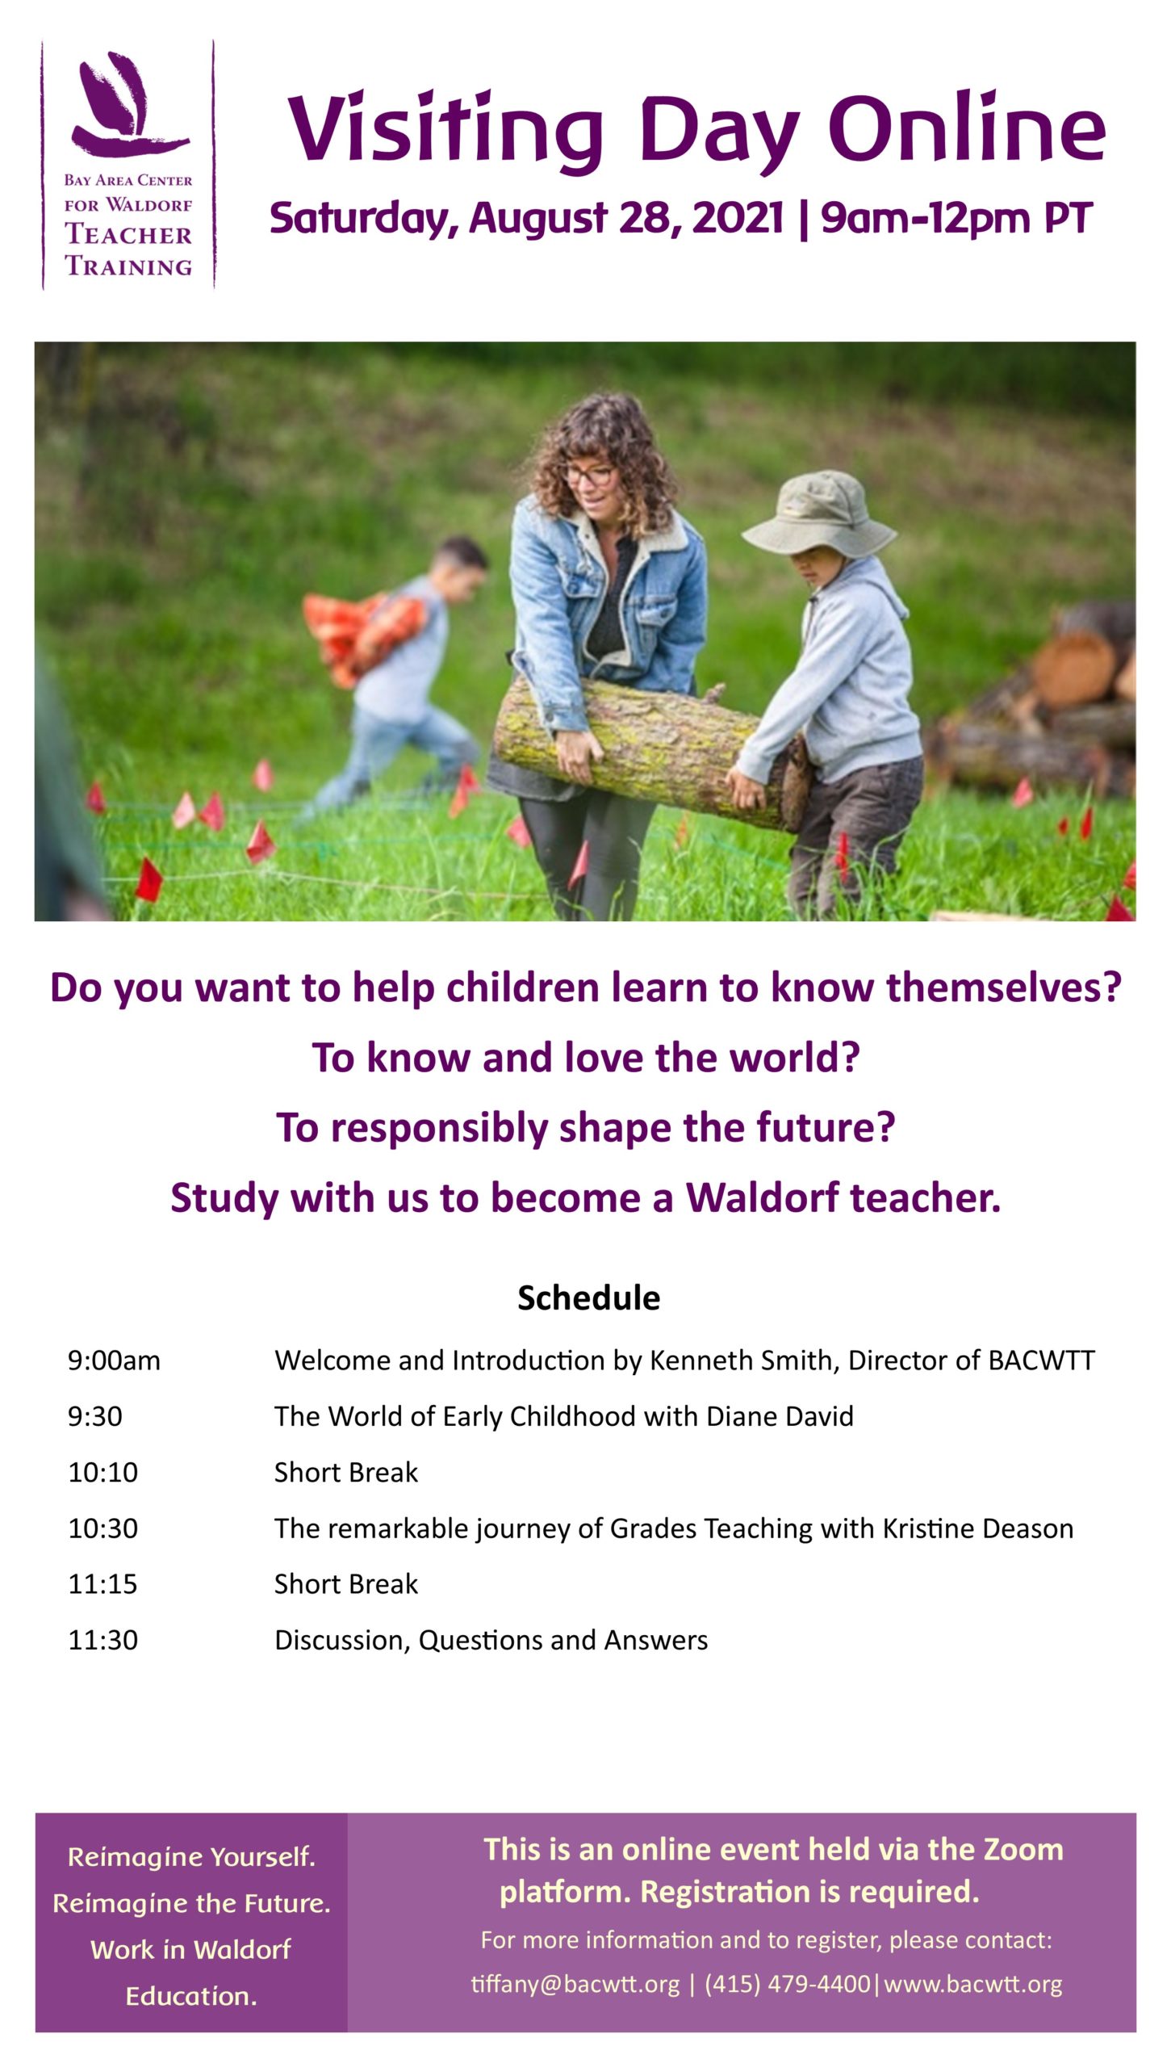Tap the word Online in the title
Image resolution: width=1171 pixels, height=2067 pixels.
967,128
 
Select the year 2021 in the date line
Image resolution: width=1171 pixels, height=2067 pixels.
738,217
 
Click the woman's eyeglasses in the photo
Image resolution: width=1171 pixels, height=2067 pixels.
588,474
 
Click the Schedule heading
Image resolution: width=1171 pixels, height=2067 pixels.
588,1298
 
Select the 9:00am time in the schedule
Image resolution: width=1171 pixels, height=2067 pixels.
114,1361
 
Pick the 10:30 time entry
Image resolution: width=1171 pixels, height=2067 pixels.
102,1528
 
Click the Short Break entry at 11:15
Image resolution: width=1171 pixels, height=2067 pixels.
346,1584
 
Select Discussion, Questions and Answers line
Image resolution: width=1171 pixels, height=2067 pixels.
491,1640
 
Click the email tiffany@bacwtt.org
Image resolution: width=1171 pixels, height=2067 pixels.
575,1984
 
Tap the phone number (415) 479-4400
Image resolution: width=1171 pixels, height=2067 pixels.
788,1984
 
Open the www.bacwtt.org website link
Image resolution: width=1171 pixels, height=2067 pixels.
973,1984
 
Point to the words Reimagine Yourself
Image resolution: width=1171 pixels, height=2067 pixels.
191,1856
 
